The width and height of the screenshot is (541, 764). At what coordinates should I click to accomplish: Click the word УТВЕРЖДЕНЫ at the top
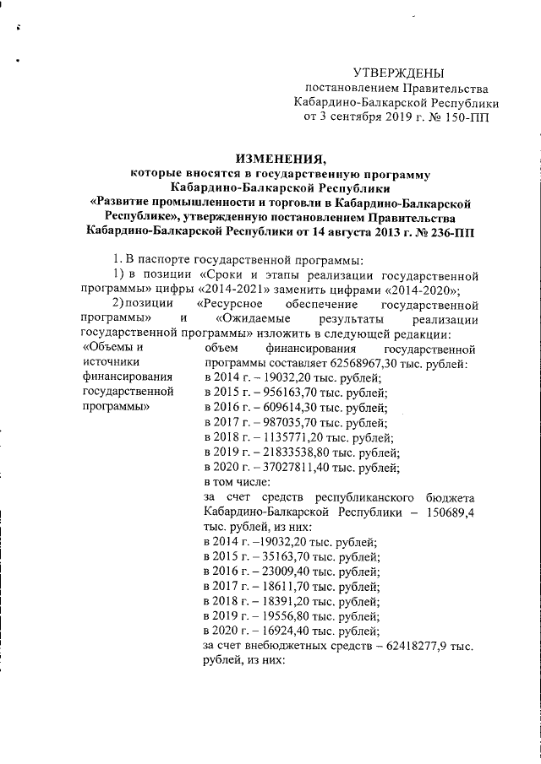[397, 73]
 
